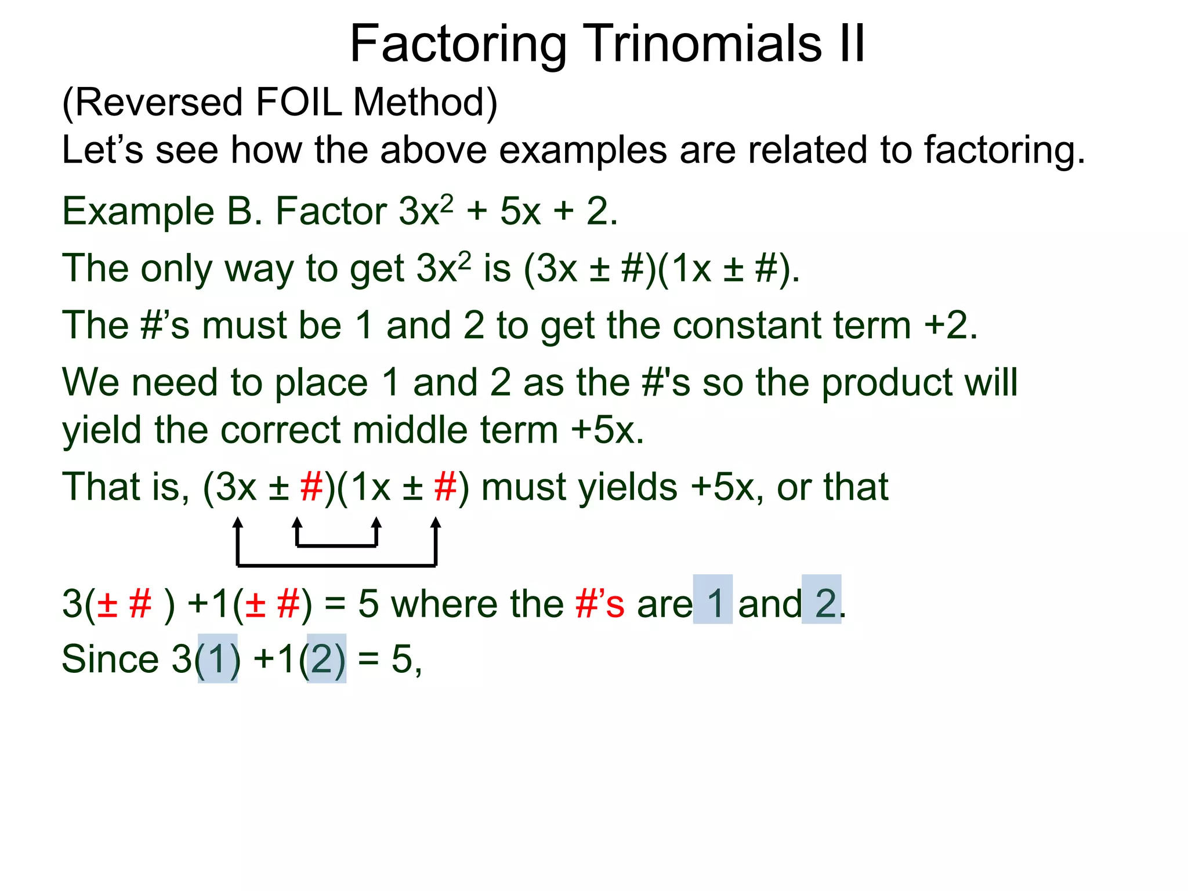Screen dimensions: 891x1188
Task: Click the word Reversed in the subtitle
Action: click(158, 103)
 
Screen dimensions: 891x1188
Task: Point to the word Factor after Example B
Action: click(331, 211)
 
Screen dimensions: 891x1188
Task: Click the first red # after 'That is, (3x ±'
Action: click(312, 487)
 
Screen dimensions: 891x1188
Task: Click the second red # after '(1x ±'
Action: click(445, 487)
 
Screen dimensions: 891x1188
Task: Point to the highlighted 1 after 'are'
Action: click(713, 603)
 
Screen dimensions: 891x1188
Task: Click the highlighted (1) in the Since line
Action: click(218, 660)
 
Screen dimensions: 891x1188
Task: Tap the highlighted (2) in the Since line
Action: click(327, 660)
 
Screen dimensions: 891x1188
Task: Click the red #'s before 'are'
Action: click(600, 603)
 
